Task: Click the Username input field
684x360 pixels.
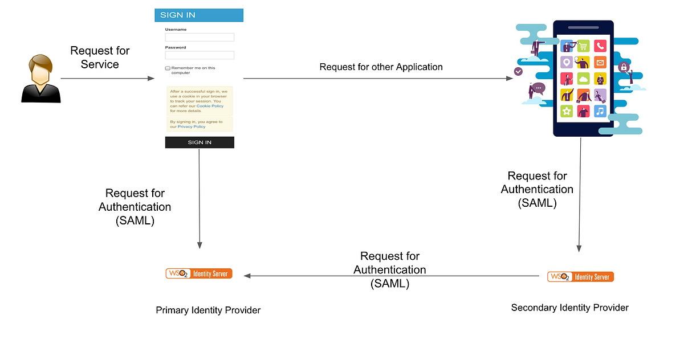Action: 199,37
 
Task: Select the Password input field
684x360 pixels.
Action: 199,55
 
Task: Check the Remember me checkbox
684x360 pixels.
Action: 168,68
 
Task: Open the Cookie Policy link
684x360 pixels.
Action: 210,106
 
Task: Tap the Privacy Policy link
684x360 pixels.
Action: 192,126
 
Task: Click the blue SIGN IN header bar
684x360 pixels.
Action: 199,15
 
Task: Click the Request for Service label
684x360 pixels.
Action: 100,58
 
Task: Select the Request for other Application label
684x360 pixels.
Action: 381,67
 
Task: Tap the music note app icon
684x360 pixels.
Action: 600,111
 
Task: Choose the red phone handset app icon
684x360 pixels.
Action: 600,46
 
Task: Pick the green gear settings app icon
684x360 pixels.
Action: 567,111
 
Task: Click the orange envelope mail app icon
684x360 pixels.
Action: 600,62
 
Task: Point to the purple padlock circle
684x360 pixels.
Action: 624,67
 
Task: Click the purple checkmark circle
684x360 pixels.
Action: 518,72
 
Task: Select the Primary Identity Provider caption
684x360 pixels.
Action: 208,310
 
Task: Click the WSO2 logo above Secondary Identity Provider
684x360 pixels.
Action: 580,277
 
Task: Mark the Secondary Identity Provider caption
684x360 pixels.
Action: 569,308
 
